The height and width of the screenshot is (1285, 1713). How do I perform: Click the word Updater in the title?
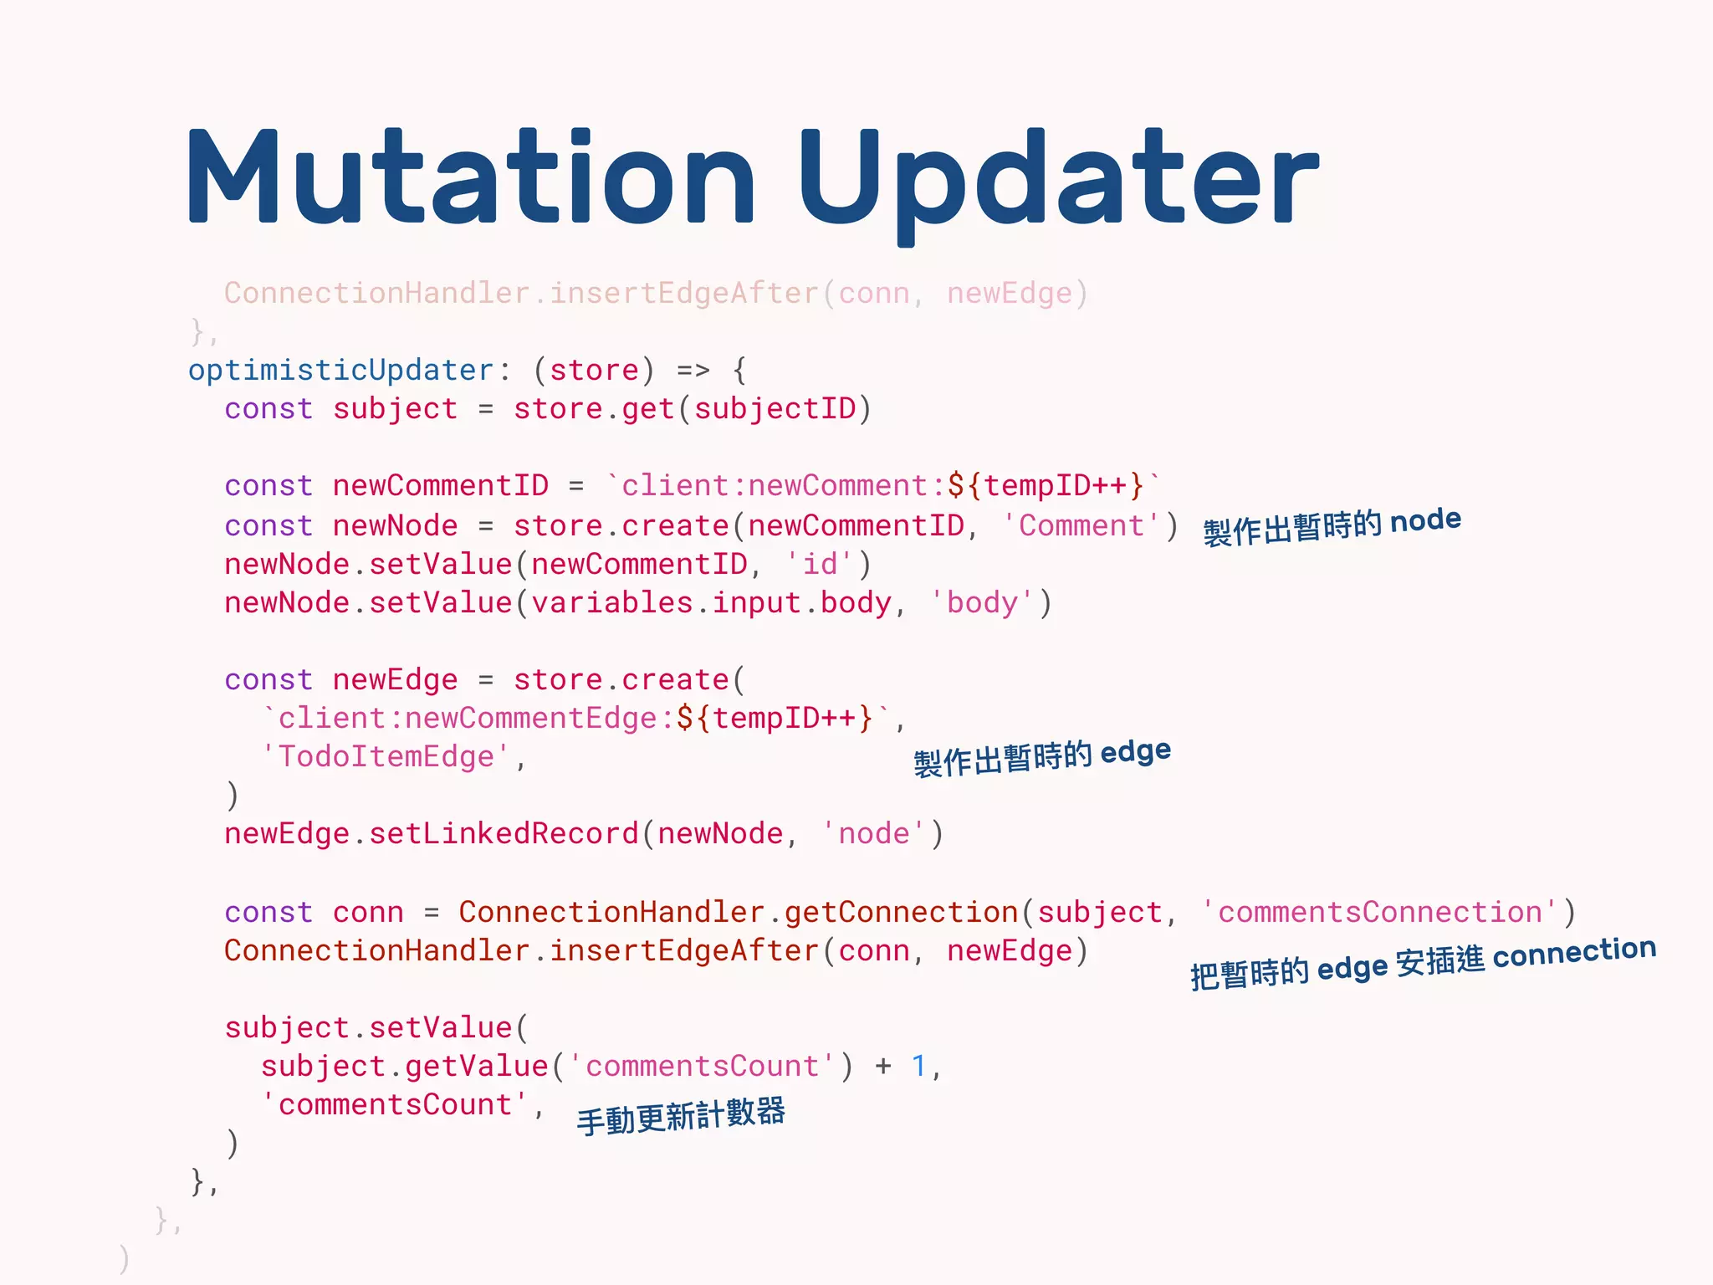[1057, 180]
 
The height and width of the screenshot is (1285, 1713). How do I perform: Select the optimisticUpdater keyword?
[341, 370]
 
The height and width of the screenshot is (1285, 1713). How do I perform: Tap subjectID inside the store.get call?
[775, 408]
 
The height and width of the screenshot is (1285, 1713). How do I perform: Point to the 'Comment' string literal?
[1081, 525]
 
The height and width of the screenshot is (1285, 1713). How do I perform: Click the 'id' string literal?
[820, 564]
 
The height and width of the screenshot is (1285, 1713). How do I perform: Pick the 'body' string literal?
[982, 602]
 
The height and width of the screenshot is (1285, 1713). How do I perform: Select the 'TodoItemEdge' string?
[386, 756]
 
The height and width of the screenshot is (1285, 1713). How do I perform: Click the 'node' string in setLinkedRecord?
[873, 833]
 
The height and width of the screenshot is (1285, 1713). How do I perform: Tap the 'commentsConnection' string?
[1379, 911]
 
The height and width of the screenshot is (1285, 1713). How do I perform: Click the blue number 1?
[918, 1066]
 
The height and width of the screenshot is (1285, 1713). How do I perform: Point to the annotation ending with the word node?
[1332, 526]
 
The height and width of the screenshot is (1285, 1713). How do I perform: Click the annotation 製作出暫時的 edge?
[1041, 757]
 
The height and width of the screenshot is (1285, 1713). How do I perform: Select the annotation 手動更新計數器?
[681, 1116]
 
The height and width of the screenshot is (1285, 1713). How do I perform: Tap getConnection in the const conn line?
[901, 911]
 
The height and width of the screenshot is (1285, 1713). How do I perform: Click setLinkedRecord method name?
[504, 833]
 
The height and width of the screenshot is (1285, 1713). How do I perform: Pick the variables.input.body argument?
[711, 602]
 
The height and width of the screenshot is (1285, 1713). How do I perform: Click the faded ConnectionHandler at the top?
[376, 293]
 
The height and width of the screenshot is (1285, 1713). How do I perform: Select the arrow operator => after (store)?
[693, 370]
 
